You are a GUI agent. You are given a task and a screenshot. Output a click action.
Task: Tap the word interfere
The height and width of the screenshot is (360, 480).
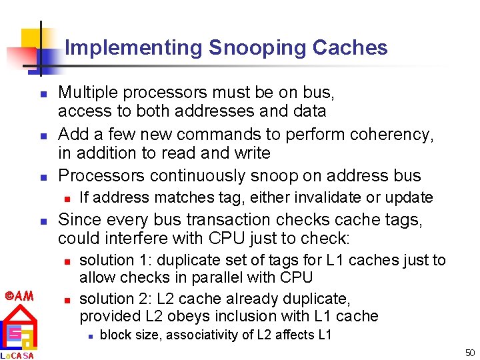coord(126,238)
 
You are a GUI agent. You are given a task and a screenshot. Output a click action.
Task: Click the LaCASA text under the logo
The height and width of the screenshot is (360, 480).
coord(17,355)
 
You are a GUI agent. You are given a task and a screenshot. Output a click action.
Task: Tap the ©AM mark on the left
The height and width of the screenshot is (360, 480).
coord(17,295)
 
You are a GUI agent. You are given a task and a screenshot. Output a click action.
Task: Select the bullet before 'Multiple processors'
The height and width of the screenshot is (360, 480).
coord(42,93)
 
